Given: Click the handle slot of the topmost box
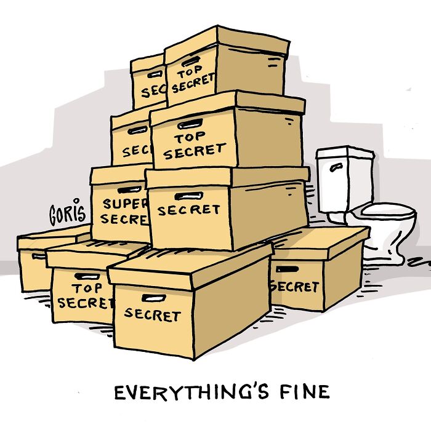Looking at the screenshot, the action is click(190, 61).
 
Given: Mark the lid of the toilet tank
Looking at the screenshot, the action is click(345, 151).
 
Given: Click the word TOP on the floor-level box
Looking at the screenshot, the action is click(86, 289).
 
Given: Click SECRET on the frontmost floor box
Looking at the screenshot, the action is click(152, 314).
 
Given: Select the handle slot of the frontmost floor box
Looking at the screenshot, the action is click(153, 298).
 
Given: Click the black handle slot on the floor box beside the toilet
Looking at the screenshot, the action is click(287, 269).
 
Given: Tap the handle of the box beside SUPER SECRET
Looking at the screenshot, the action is click(184, 196).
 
